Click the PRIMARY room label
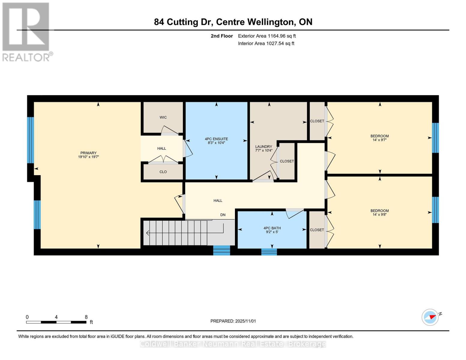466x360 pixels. [88, 153]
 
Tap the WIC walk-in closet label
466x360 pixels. [163, 117]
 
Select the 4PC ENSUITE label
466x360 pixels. [216, 139]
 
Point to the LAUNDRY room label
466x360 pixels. [263, 147]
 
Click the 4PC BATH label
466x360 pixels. [272, 228]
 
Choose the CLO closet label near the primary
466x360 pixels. [163, 172]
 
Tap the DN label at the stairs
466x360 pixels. [223, 215]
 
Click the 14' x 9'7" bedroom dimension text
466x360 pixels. [380, 140]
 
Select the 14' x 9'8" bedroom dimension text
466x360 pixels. [380, 214]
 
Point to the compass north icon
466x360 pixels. [430, 317]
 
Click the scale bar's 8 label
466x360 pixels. [86, 317]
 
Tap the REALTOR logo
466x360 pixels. [26, 32]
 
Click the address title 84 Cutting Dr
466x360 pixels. [233, 22]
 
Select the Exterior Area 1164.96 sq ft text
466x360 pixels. [267, 36]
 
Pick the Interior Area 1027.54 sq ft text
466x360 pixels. [266, 43]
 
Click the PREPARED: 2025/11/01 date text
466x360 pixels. [233, 321]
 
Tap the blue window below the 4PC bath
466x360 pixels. [269, 252]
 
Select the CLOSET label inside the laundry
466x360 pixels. [287, 161]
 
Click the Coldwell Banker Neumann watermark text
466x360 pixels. [233, 344]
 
